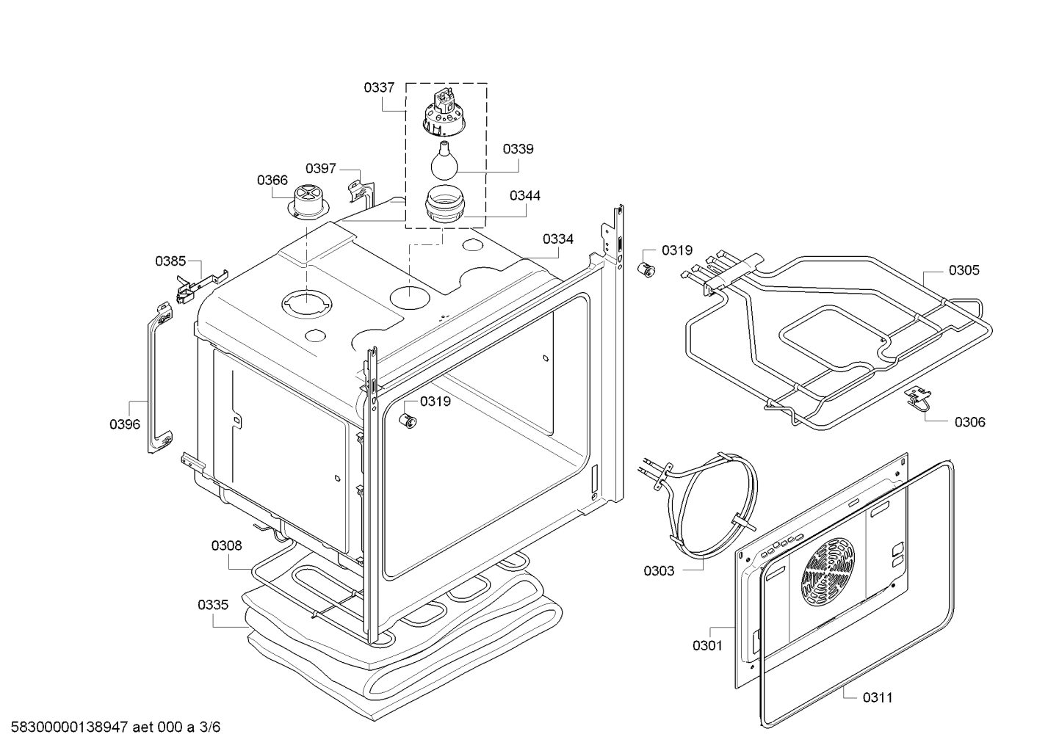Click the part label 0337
379,87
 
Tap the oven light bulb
444,160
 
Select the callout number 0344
525,195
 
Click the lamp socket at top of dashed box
444,112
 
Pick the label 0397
320,168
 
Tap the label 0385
170,261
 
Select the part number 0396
125,424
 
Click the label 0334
558,239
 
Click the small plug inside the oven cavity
408,420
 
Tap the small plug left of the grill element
647,270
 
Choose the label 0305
964,270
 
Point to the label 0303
659,571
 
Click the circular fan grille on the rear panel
828,573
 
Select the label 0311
878,697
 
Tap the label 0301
707,645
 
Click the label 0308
226,545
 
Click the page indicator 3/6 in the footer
210,727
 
